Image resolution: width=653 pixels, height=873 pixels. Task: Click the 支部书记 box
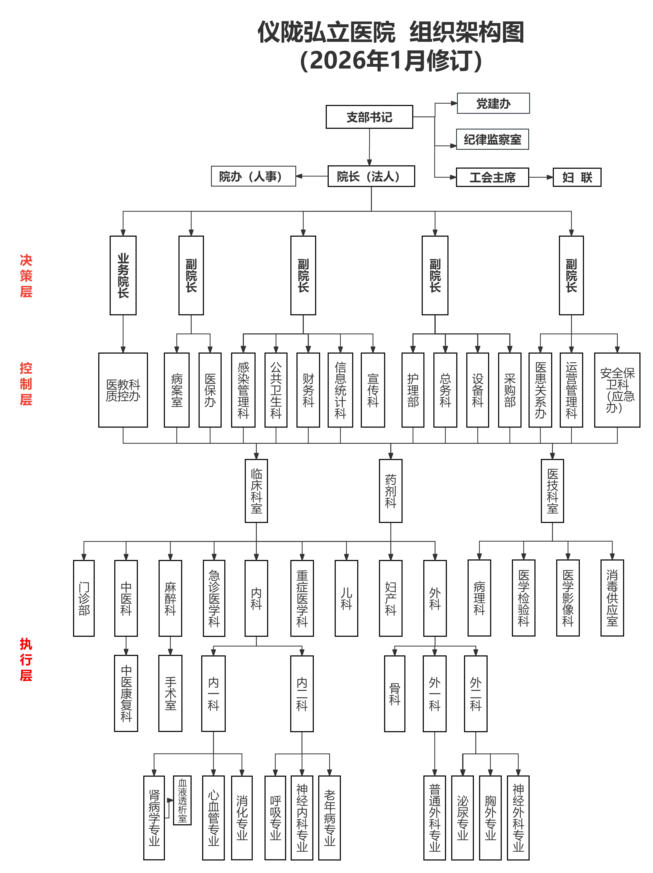coord(369,117)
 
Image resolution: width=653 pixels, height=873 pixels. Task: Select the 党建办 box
coord(493,103)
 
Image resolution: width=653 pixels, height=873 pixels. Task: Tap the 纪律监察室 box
coord(492,139)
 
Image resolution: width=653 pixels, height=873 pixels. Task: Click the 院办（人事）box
coord(253,176)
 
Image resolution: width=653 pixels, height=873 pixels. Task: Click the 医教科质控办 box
coord(123,390)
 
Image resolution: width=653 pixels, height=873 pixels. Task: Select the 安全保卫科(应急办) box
coord(617,390)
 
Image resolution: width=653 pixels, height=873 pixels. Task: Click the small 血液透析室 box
coord(182,800)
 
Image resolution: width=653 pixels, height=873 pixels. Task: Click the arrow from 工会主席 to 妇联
coord(540,177)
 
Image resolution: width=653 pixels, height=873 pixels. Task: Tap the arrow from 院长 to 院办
coord(312,176)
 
